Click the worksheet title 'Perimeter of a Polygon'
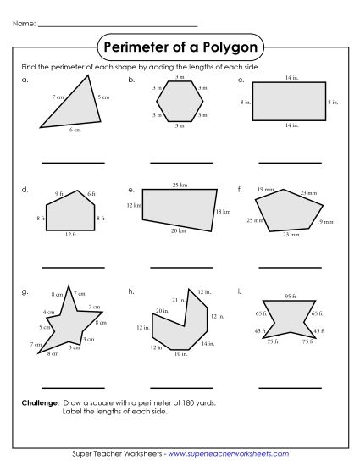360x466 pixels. click(x=180, y=45)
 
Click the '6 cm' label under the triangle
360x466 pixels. click(x=75, y=130)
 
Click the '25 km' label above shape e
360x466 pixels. click(x=180, y=184)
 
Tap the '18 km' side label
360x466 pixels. click(x=222, y=210)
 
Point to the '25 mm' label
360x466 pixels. click(x=254, y=220)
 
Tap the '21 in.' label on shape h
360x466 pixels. click(x=177, y=301)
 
